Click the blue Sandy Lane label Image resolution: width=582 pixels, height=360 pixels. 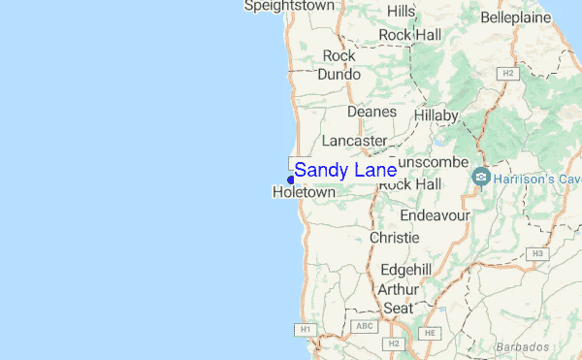(345, 171)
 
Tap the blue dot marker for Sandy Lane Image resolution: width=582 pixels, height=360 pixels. (291, 179)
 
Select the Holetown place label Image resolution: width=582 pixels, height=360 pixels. (304, 193)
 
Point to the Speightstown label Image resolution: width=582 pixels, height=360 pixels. (289, 6)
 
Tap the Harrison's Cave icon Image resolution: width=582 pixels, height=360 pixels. (480, 179)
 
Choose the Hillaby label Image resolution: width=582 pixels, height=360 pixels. (436, 115)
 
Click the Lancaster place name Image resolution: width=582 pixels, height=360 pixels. (354, 141)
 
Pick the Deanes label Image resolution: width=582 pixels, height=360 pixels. (372, 112)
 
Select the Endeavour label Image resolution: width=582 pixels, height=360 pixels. (435, 213)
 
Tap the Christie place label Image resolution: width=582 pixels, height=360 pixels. (394, 238)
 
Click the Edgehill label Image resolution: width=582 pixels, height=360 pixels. (405, 270)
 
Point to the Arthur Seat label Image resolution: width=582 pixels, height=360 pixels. (398, 298)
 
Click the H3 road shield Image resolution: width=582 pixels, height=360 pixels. (536, 253)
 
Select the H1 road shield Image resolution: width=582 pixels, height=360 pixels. (306, 330)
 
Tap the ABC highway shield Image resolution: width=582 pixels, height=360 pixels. (365, 326)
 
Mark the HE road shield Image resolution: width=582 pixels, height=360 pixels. (429, 333)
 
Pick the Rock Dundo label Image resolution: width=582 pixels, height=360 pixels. (339, 65)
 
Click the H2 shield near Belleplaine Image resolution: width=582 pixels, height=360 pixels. (507, 73)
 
